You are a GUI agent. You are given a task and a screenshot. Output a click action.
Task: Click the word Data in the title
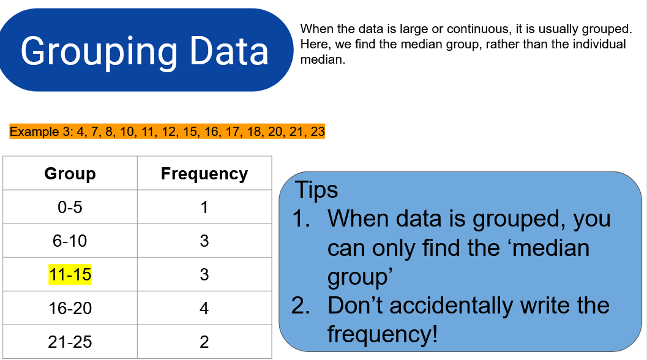click(229, 50)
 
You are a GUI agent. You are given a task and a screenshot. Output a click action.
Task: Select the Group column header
click(70, 173)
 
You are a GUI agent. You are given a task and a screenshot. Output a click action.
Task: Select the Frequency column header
click(204, 173)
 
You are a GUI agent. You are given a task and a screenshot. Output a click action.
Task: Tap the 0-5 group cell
click(70, 207)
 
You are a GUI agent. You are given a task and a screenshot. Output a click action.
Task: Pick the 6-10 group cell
click(70, 241)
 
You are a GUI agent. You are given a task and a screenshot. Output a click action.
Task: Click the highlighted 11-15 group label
click(70, 274)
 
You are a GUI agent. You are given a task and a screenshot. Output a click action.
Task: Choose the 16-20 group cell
click(70, 308)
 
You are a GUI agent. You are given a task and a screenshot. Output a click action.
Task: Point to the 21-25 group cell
click(70, 342)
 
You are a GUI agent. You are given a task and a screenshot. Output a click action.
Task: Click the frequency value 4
click(204, 308)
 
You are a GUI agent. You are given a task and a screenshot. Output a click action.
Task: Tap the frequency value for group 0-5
click(204, 207)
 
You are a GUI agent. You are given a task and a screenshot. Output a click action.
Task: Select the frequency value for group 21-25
click(204, 342)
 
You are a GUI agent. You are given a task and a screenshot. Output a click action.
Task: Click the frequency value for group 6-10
click(204, 241)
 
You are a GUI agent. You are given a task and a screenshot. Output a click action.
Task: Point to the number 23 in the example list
click(318, 131)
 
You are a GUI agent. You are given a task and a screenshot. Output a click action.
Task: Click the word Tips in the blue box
click(316, 190)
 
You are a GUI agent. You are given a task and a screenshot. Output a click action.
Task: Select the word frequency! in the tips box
click(383, 334)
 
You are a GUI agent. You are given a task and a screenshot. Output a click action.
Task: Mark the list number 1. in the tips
click(301, 219)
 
